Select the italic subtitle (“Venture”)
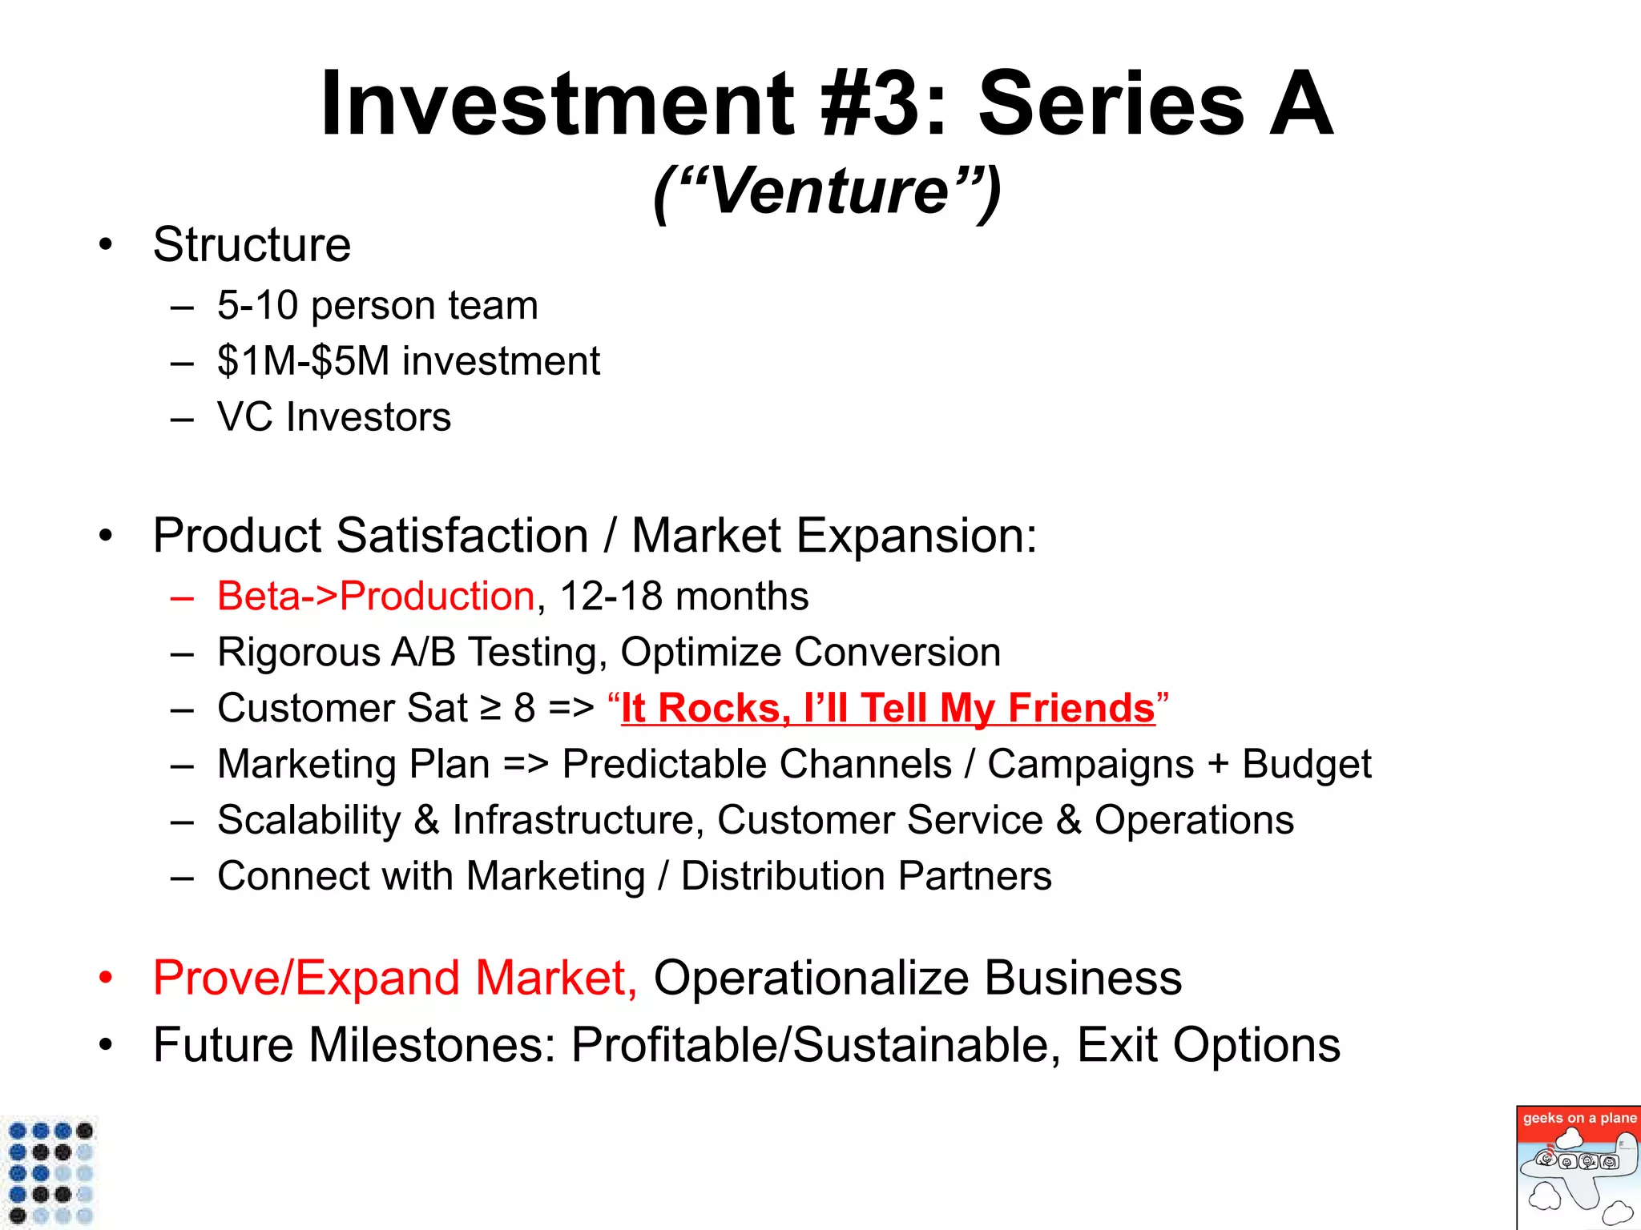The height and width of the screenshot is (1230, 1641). [827, 192]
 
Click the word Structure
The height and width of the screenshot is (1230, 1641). [252, 245]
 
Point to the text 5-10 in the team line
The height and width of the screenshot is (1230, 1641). [257, 306]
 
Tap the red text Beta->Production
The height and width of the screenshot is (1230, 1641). [375, 597]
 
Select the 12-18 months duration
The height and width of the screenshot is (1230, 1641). [683, 597]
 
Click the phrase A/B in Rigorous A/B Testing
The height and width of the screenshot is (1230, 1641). [422, 653]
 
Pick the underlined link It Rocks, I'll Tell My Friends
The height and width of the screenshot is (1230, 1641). [888, 709]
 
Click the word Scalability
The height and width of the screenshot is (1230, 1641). [308, 821]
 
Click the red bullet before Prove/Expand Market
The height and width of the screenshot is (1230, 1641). [105, 979]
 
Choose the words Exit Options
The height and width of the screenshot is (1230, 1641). [1208, 1046]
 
